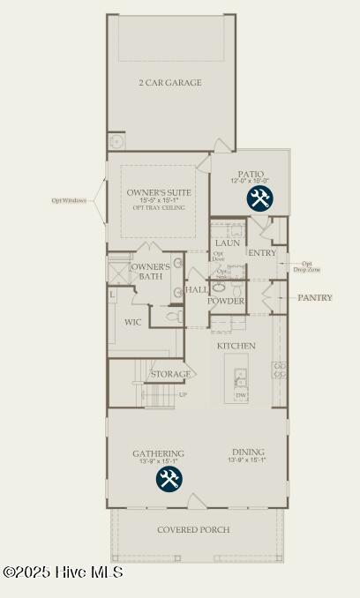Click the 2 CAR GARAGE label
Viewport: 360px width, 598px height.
[169, 83]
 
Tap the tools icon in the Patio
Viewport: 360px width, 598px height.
[259, 198]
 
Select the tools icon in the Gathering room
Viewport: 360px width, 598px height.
[169, 480]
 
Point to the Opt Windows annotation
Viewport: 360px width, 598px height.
[69, 200]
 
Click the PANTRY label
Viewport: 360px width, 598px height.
[315, 298]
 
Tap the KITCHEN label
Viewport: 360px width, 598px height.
[236, 346]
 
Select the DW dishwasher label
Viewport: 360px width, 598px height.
[241, 396]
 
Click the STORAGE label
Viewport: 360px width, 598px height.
[170, 374]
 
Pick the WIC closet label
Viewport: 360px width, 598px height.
[133, 323]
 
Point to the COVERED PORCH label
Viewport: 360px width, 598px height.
[193, 530]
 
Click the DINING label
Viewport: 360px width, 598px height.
[247, 452]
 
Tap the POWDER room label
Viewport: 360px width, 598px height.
[226, 301]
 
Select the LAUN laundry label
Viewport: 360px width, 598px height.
[228, 243]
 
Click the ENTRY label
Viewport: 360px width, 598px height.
[262, 253]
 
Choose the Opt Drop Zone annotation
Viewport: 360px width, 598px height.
[307, 266]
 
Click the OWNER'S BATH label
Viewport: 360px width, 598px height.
[150, 272]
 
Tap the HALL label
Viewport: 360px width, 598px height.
[196, 289]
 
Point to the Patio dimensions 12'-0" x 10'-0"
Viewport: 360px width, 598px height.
[251, 181]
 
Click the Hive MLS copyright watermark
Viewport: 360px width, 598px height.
[64, 572]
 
